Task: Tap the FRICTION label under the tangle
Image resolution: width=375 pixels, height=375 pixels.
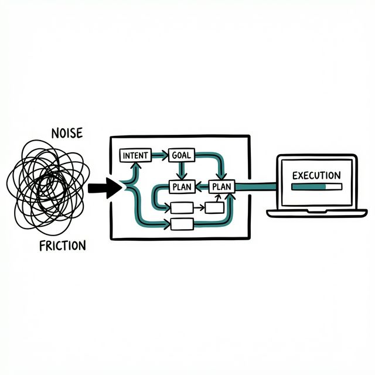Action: tap(62, 245)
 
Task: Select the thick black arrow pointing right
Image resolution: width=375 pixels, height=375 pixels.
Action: tap(104, 189)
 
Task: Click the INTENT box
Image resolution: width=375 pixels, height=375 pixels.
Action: tap(135, 156)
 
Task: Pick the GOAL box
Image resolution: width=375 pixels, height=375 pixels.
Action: tap(180, 156)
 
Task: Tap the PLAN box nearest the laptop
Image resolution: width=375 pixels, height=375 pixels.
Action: tap(221, 187)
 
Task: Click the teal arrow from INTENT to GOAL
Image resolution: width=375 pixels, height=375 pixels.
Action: tap(159, 156)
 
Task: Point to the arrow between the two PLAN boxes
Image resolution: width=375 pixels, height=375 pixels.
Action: tap(201, 187)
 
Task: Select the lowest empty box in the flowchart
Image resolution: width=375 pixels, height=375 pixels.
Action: tap(182, 223)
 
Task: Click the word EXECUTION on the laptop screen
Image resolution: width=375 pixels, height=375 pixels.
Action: tap(316, 175)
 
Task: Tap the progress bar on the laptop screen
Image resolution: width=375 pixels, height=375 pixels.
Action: tap(316, 187)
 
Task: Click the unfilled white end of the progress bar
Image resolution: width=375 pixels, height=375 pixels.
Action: tap(334, 187)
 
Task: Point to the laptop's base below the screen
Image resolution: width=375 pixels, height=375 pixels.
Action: tap(317, 213)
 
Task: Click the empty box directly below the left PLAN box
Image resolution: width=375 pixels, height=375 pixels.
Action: tap(181, 207)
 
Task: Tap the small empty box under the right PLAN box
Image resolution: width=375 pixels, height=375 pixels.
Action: tap(213, 207)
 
